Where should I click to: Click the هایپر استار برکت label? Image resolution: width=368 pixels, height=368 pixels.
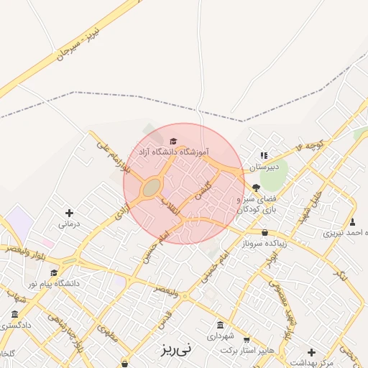(247, 350)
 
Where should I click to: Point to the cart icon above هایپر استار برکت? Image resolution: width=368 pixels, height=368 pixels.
(247, 340)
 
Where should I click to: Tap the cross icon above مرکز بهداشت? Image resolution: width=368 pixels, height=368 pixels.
(310, 352)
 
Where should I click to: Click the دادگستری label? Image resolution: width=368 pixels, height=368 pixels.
(16, 326)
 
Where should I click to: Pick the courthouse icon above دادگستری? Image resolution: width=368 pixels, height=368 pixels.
(16, 314)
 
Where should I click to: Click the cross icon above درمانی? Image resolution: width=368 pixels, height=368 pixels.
(69, 213)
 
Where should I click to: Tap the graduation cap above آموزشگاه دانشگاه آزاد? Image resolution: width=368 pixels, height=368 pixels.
(172, 141)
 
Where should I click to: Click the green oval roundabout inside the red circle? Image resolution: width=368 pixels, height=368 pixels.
(152, 188)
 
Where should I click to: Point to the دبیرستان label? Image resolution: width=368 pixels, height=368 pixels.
(262, 167)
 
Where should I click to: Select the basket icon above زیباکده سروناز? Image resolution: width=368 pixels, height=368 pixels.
(265, 232)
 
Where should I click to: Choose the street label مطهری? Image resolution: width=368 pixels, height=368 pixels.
(108, 335)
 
